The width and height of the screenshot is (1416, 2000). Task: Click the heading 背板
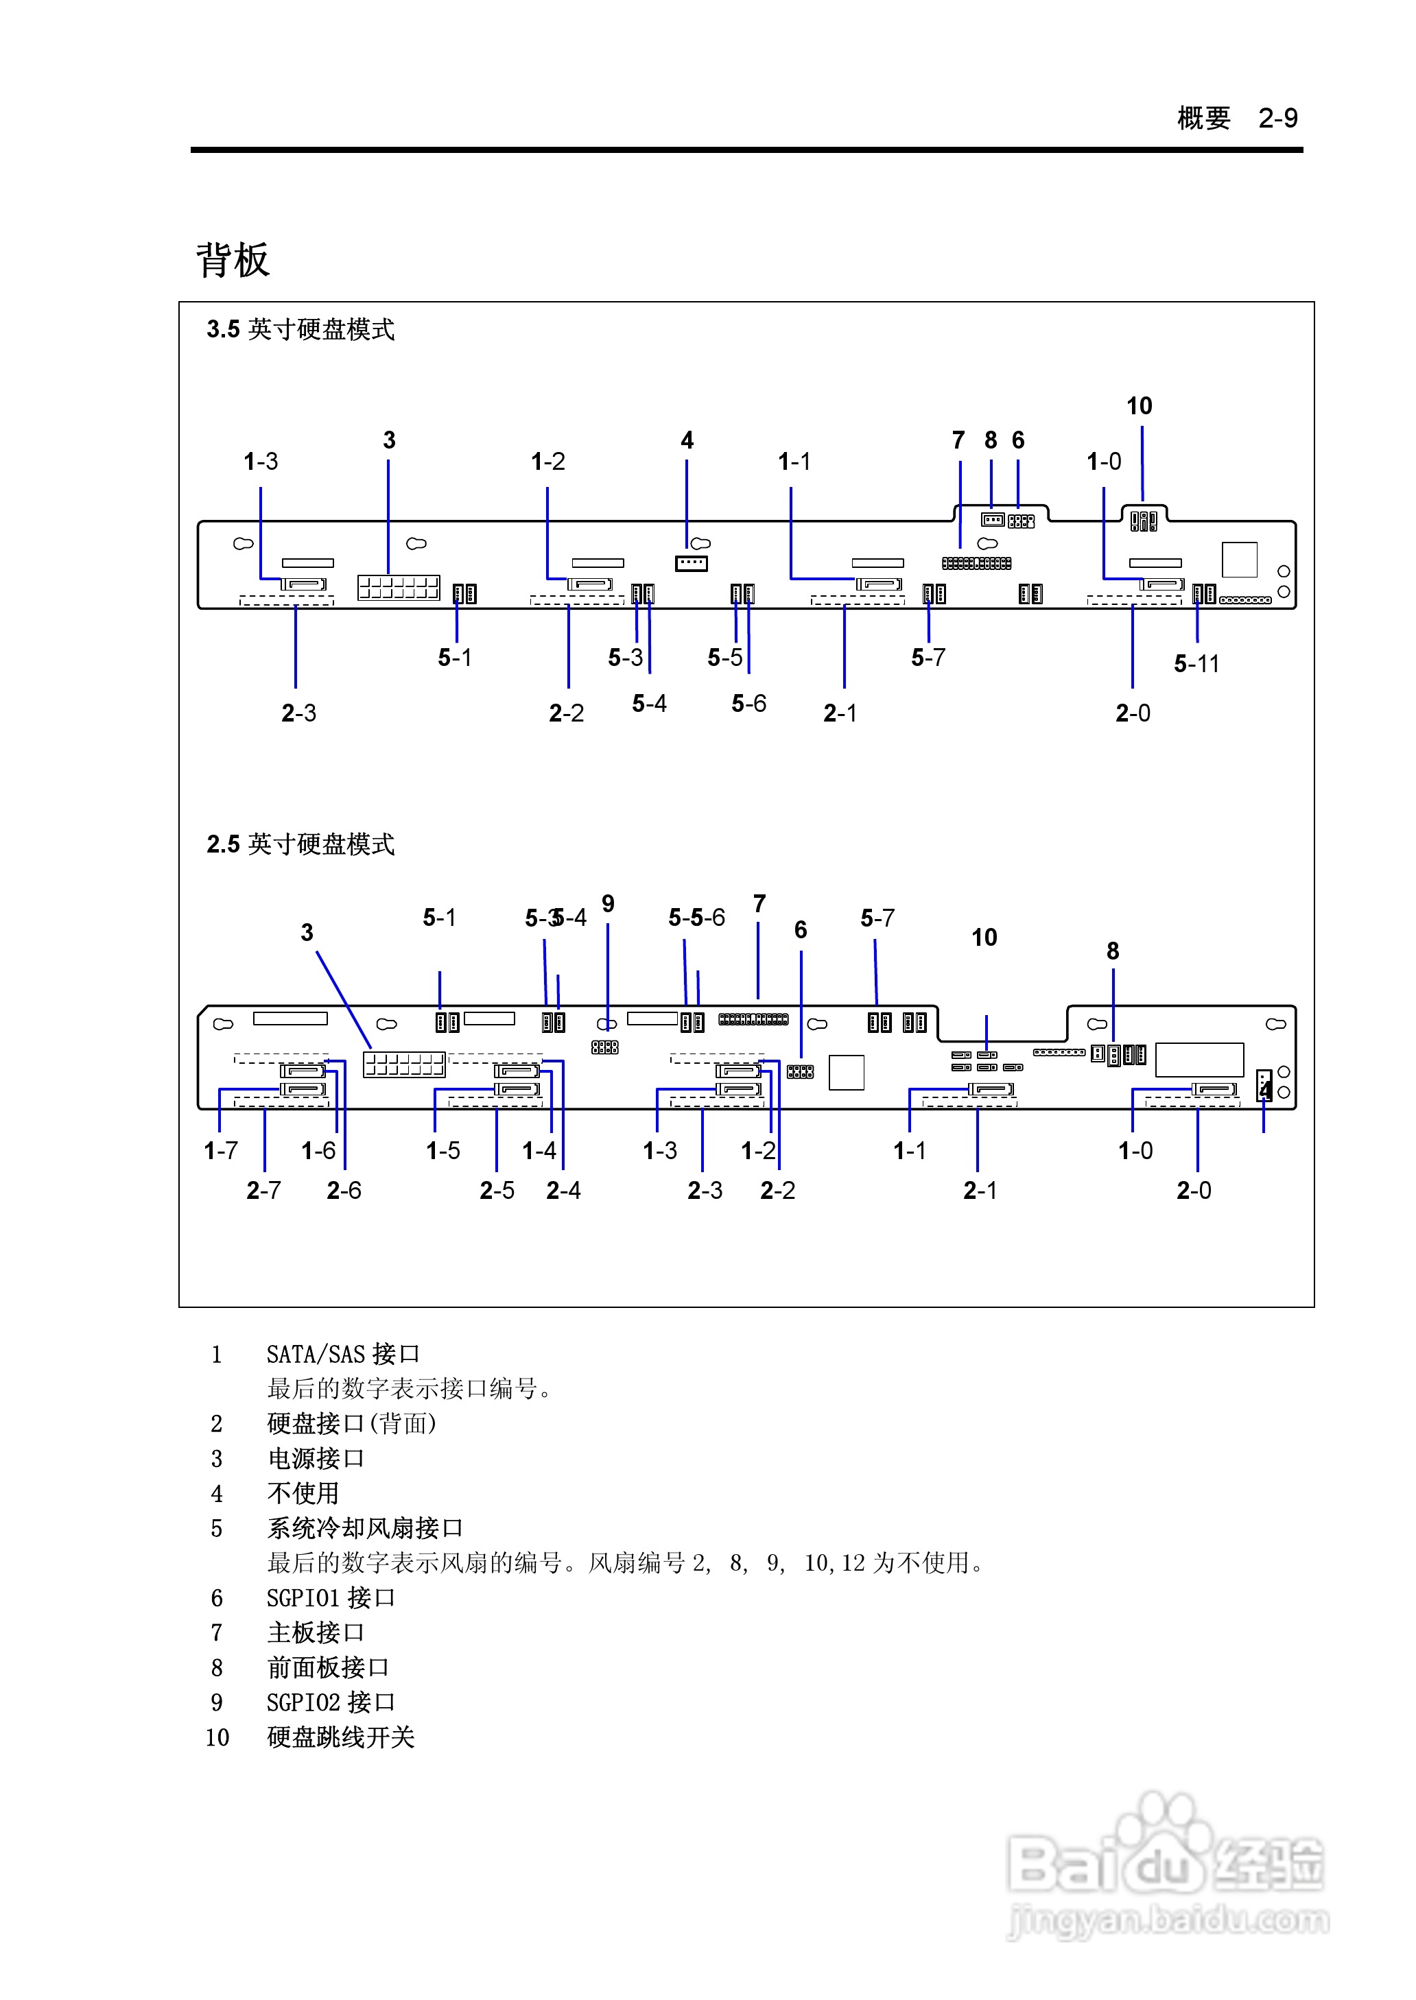(x=233, y=260)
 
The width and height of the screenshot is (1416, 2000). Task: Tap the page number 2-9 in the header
(x=1277, y=118)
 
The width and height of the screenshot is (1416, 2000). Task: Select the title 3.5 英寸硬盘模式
(x=300, y=329)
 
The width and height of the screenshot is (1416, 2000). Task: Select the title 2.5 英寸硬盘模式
(x=300, y=844)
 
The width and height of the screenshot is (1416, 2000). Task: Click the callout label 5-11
(x=1196, y=664)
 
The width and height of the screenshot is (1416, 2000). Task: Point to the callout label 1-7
(x=221, y=1151)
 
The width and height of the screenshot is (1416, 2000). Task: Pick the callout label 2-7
(x=263, y=1191)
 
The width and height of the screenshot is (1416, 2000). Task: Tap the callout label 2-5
(x=497, y=1191)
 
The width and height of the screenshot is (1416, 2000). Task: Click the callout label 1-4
(x=539, y=1151)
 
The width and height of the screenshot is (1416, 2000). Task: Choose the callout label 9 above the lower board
(x=608, y=904)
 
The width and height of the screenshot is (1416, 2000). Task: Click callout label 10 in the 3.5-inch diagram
(x=1139, y=406)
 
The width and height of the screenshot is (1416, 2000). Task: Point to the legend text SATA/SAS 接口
(x=342, y=1354)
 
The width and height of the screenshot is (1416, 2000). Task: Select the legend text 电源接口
(x=316, y=1459)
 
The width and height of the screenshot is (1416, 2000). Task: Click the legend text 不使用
(x=303, y=1494)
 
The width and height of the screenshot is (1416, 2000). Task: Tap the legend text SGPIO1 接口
(x=331, y=1598)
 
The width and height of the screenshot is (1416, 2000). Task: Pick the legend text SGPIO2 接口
(x=331, y=1703)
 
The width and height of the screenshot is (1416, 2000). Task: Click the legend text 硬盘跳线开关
(x=340, y=1738)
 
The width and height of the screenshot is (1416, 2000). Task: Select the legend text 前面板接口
(x=328, y=1668)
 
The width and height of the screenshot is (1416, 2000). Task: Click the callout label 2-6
(x=344, y=1191)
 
